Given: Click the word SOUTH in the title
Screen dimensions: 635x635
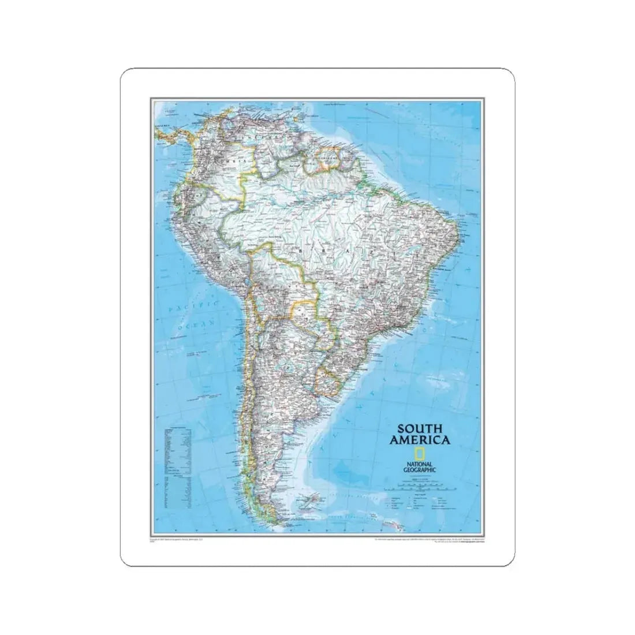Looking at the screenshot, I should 419,429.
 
